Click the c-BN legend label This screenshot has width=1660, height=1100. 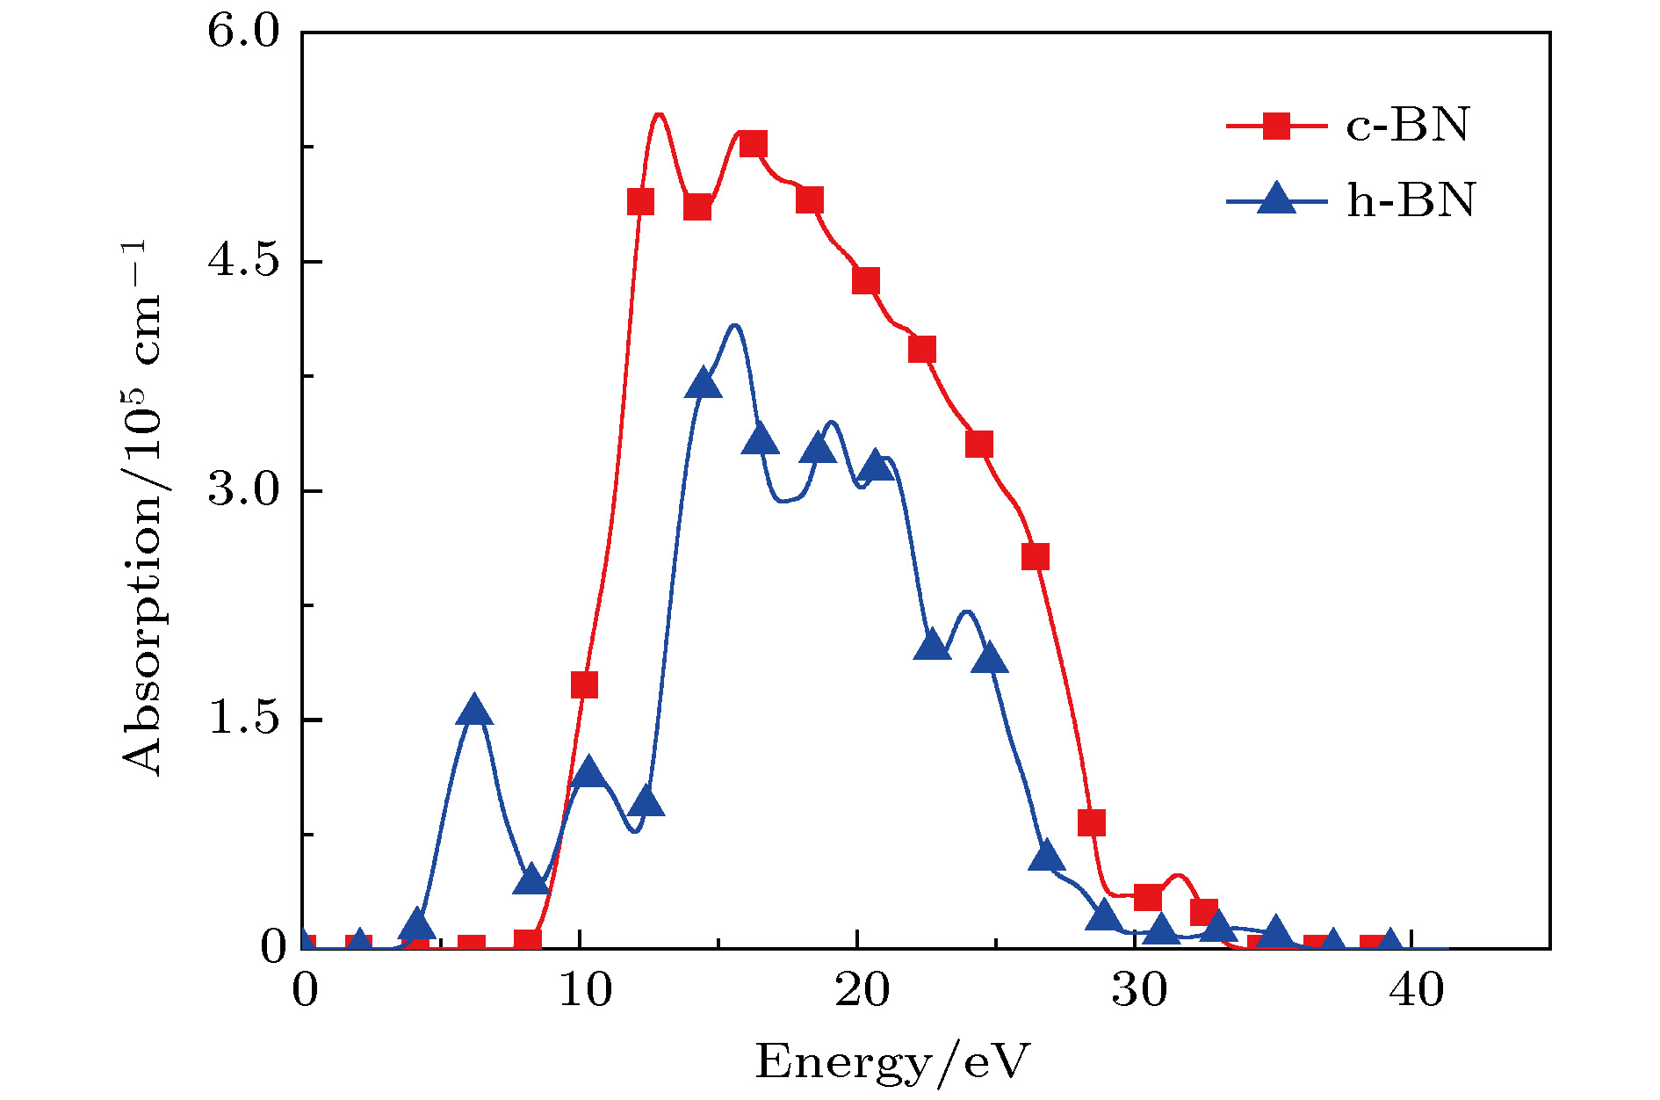pyautogui.click(x=1407, y=126)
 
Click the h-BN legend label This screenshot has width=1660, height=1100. pyautogui.click(x=1411, y=200)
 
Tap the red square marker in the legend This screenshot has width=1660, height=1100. pyautogui.click(x=1276, y=126)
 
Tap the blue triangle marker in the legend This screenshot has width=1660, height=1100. pyautogui.click(x=1276, y=199)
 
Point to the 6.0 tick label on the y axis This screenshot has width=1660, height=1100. pyautogui.click(x=242, y=33)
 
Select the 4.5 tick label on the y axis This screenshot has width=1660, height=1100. pyautogui.click(x=242, y=262)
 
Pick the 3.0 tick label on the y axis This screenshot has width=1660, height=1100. pyautogui.click(x=242, y=491)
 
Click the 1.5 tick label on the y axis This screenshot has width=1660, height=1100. pyautogui.click(x=242, y=720)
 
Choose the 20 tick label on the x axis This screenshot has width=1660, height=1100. pyautogui.click(x=861, y=991)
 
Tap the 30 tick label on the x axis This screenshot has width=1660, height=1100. pyautogui.click(x=1138, y=991)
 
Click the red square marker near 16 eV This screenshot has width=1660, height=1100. pyautogui.click(x=753, y=144)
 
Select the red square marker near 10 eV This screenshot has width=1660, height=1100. pyautogui.click(x=584, y=684)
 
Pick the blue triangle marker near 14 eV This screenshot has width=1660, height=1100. pyautogui.click(x=704, y=385)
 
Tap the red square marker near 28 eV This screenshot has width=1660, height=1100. pyautogui.click(x=1091, y=823)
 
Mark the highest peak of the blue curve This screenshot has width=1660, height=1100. pyautogui.click(x=734, y=325)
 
